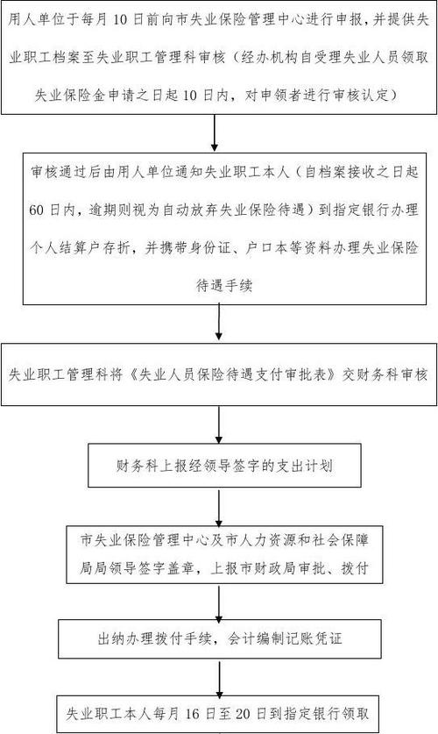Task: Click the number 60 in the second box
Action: [36, 210]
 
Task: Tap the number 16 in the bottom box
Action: [193, 714]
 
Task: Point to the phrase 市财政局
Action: [266, 568]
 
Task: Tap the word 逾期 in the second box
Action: [102, 210]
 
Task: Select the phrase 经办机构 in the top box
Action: [268, 58]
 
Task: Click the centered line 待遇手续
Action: [224, 285]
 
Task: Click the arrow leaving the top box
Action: [214, 133]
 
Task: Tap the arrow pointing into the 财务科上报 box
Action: [218, 424]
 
